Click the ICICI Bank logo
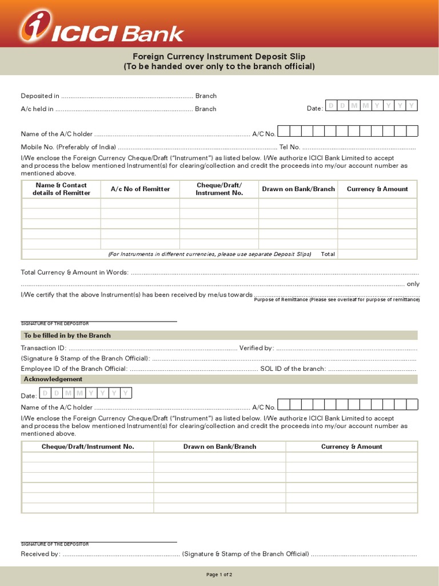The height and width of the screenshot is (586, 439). (101, 29)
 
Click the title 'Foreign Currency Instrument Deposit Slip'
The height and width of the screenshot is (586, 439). (219, 57)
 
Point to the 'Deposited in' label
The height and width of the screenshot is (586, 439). (40, 96)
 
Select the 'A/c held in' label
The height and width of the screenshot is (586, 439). (37, 109)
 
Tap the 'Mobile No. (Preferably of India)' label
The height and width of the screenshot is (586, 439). (68, 147)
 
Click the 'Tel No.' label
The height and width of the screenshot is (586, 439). (289, 147)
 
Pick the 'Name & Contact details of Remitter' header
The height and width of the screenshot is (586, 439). (61, 189)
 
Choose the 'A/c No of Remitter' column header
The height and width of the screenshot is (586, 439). (140, 189)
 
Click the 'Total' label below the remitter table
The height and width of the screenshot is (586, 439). (328, 254)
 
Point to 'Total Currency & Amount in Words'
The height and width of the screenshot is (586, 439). (75, 272)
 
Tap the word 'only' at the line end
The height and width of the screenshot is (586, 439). (413, 284)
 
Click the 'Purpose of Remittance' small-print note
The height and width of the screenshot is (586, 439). (337, 299)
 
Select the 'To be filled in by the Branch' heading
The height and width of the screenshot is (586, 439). (67, 335)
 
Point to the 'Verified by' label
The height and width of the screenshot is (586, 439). (256, 348)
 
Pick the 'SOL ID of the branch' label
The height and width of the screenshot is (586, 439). (293, 369)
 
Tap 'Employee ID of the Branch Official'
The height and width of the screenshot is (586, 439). (74, 369)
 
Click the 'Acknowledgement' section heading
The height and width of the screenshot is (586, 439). (53, 379)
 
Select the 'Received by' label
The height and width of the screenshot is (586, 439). (40, 554)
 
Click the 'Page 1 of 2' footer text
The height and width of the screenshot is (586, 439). (219, 574)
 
